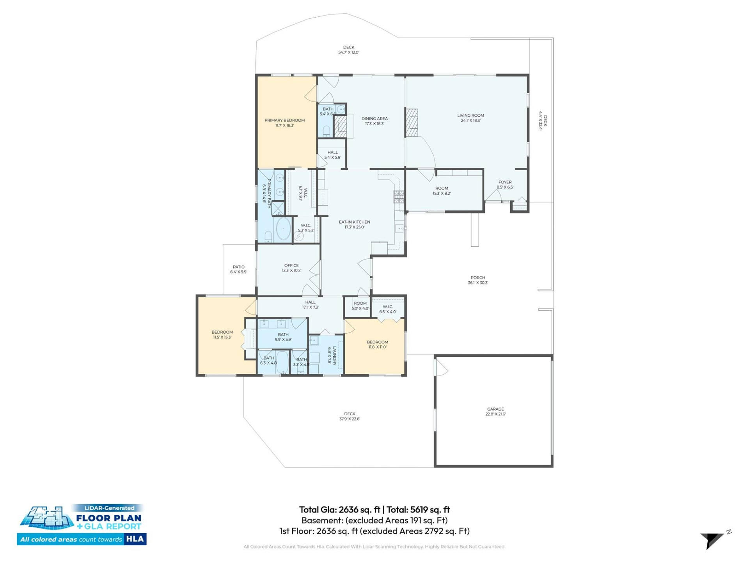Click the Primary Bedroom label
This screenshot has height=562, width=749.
pos(284,120)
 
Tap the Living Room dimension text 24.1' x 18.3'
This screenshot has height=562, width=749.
pos(470,121)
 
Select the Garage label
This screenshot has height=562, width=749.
pos(495,409)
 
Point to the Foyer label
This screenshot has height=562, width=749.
pos(505,182)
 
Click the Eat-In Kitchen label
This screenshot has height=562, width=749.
pos(354,222)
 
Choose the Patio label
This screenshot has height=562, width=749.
pos(238,267)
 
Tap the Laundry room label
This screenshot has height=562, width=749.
pos(334,356)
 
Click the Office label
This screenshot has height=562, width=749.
pos(291,265)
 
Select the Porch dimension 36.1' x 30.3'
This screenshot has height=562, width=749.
pos(478,283)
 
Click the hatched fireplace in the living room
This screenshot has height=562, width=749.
pos(411,123)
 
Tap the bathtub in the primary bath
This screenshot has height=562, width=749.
pos(283,229)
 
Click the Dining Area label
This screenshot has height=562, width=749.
pos(374,119)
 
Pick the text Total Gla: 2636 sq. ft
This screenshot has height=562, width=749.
pos(339,510)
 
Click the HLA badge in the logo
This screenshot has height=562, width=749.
pos(135,539)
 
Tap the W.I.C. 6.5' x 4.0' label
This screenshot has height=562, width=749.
pos(388,309)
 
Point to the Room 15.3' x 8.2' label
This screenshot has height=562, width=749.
pos(442,191)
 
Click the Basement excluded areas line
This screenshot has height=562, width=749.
pos(374,520)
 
